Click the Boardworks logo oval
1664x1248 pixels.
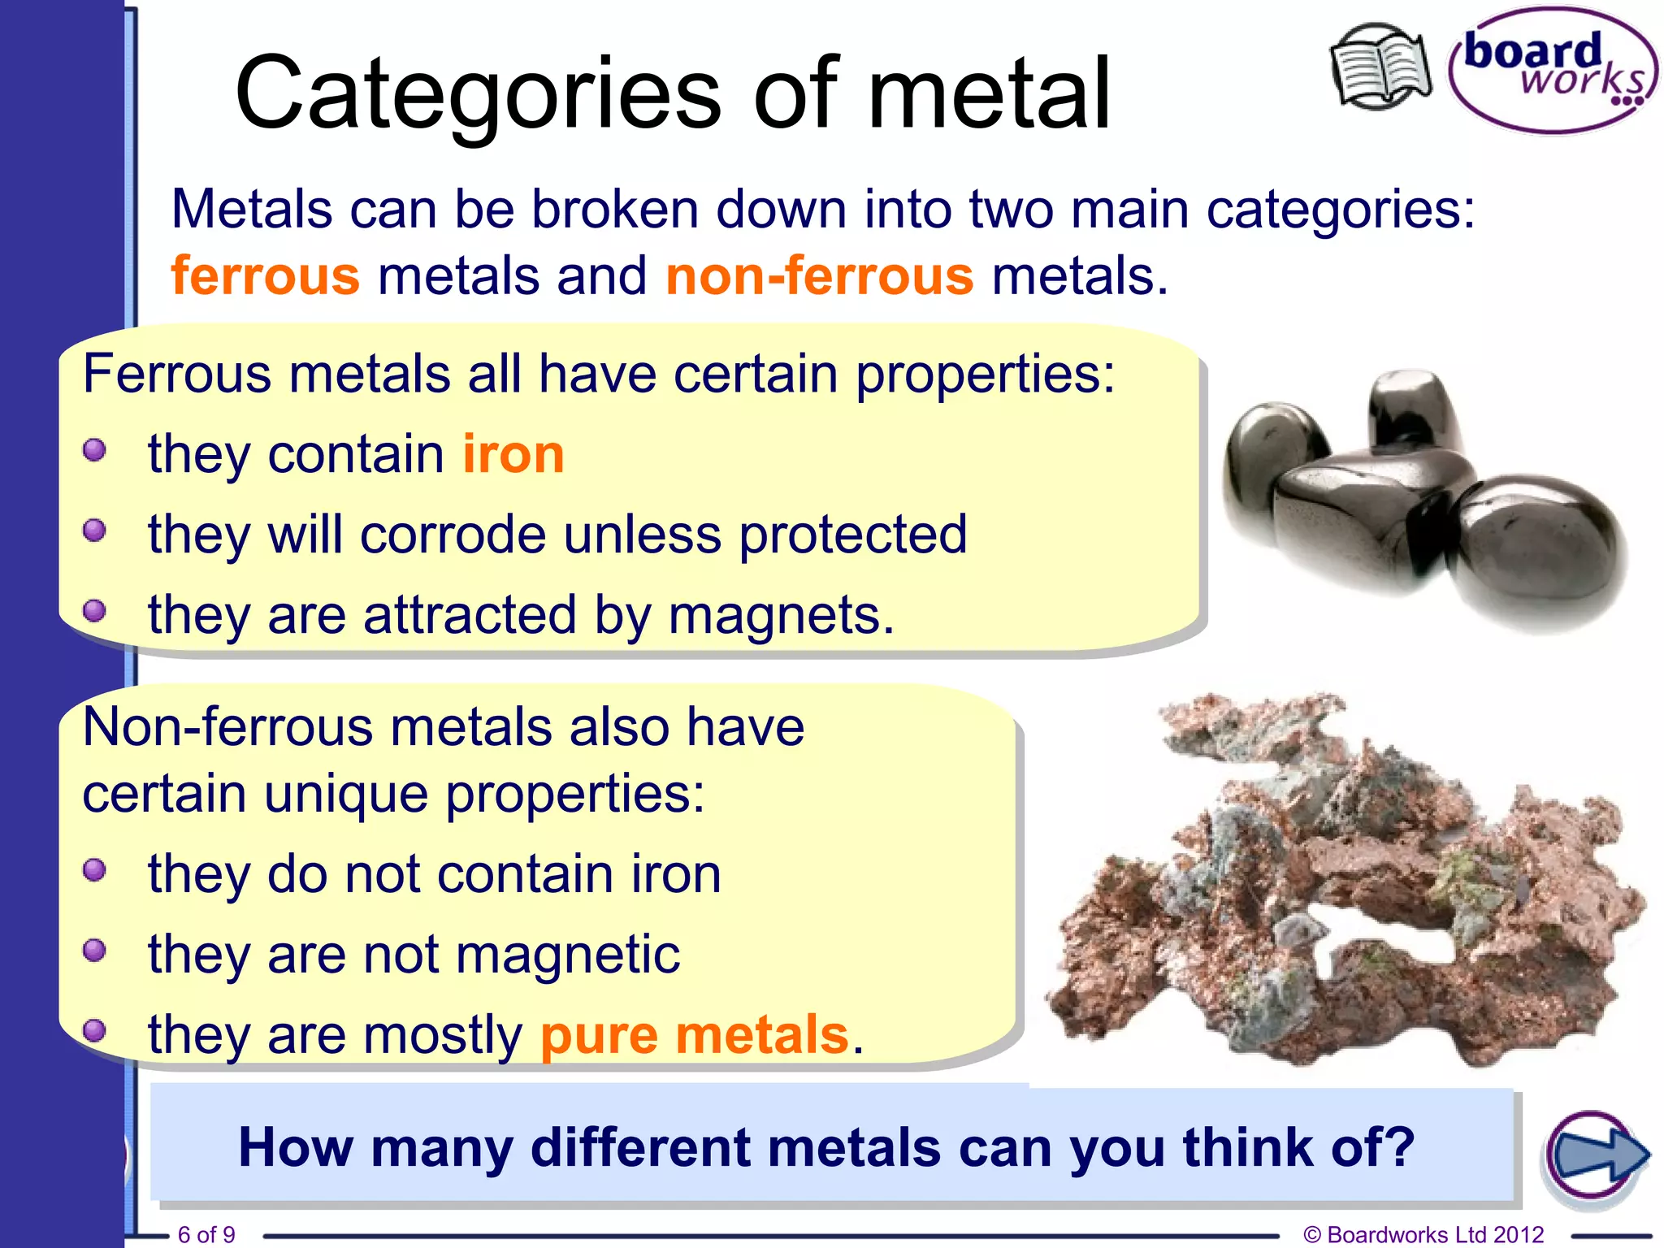click(x=1552, y=71)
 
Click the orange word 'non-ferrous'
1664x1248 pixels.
click(x=819, y=275)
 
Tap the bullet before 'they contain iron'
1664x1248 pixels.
click(x=95, y=450)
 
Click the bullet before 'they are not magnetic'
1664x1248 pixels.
click(x=95, y=950)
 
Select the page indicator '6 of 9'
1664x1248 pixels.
click(x=206, y=1234)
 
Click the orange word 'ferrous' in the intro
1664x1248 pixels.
click(x=265, y=275)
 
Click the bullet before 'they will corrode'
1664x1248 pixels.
click(x=95, y=531)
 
